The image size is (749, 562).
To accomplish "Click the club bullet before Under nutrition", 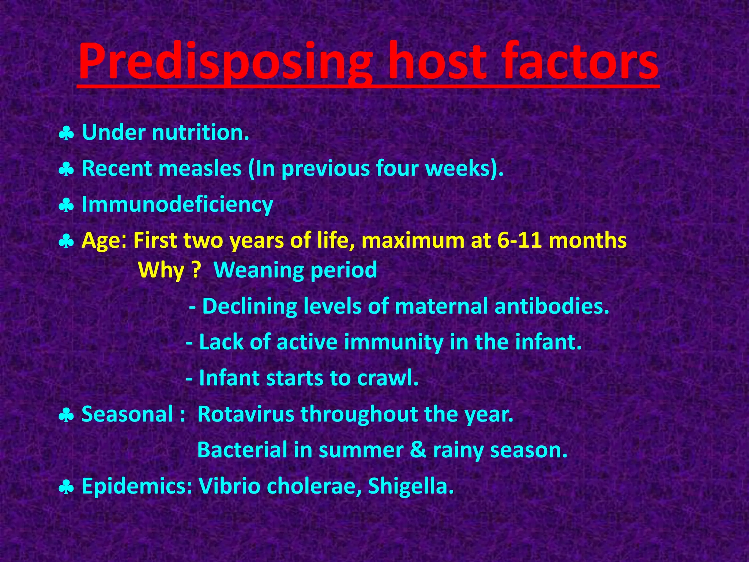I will click(x=67, y=134).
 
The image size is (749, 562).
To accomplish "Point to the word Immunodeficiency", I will click(x=177, y=204).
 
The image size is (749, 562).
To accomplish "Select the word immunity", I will click(x=393, y=342).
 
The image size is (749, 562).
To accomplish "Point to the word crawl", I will click(x=387, y=378).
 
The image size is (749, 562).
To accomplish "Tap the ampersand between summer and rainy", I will click(x=418, y=450).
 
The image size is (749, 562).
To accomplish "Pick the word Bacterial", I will click(x=242, y=450).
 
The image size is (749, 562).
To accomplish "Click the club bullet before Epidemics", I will click(x=67, y=488).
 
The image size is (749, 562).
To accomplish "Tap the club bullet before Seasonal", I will click(x=67, y=416).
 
